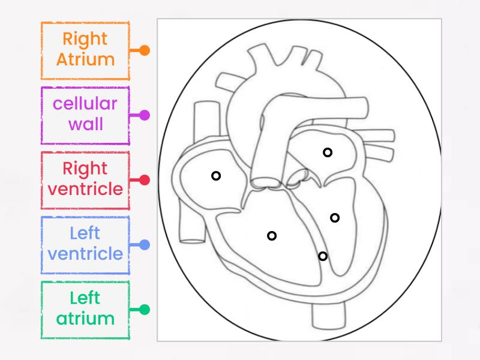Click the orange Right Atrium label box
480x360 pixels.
(85, 50)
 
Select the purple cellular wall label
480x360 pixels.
(85, 115)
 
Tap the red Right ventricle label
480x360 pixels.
(85, 179)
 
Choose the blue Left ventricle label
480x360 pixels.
(85, 244)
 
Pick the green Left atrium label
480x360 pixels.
(85, 309)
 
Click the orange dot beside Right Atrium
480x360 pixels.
(144, 50)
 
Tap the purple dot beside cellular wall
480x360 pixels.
(144, 115)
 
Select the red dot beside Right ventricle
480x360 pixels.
(144, 180)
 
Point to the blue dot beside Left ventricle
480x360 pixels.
(144, 245)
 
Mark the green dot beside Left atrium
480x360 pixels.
(144, 310)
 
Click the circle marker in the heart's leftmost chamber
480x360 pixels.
(216, 176)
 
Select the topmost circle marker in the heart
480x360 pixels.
(328, 152)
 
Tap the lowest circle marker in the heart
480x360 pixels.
(323, 256)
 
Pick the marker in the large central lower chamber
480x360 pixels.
(272, 236)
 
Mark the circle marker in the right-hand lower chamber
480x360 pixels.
(335, 218)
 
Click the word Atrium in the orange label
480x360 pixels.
(85, 60)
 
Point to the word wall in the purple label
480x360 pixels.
(85, 125)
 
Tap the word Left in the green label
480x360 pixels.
(85, 298)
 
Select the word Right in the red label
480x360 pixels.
(85, 169)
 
